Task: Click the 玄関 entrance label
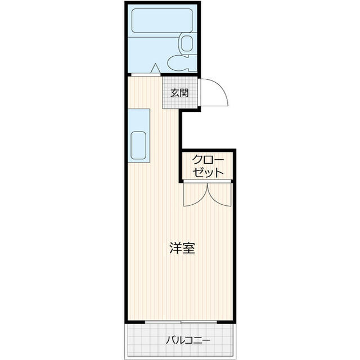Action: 179,93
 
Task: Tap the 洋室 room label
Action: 182,248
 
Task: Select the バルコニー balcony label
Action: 188,340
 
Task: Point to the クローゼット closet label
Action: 208,166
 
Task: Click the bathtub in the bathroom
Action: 162,20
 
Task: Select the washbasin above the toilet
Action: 187,43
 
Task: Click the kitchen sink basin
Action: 138,145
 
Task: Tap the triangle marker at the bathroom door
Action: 155,68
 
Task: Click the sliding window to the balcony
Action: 181,322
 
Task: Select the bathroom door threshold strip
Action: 146,75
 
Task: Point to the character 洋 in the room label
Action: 176,248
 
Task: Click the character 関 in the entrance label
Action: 184,93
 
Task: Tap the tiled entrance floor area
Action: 180,92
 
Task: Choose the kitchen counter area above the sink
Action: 139,120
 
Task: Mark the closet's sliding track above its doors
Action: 207,181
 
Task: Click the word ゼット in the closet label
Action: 208,172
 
